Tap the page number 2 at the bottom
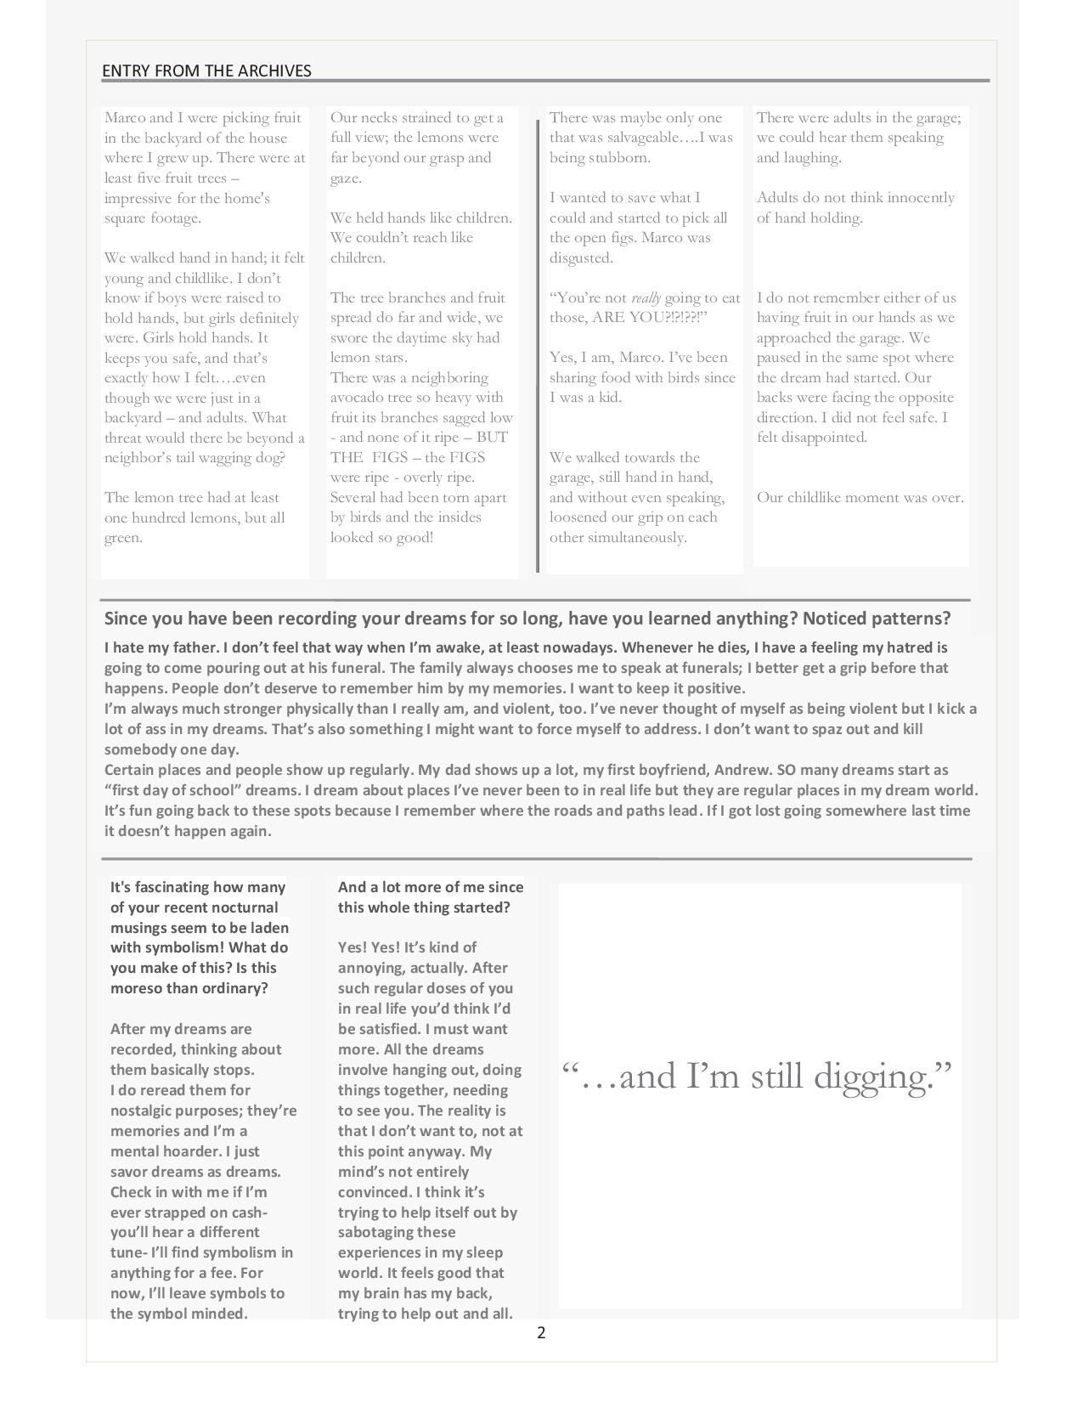pos(541,1332)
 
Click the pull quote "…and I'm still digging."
pos(757,1077)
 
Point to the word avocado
pos(360,398)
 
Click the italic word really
pos(646,298)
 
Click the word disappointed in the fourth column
pos(824,438)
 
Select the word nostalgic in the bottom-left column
pos(144,1111)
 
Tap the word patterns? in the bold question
pos(913,618)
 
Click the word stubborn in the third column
pos(623,158)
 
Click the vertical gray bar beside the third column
pos(538,347)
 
